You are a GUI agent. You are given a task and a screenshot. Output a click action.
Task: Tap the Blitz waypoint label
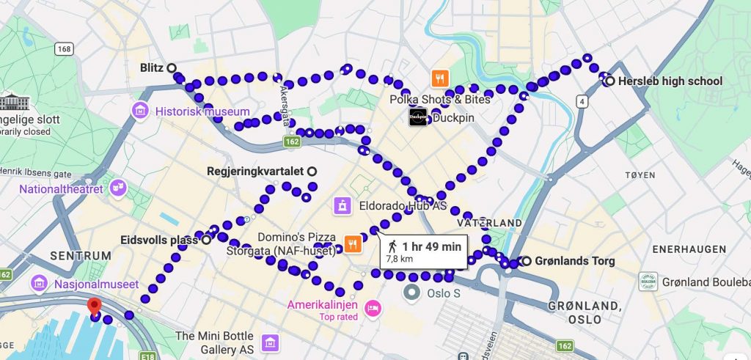coord(151,67)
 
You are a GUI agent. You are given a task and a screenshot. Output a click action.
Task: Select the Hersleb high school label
coord(670,81)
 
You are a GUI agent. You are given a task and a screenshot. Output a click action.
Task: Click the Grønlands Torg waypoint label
coord(574,261)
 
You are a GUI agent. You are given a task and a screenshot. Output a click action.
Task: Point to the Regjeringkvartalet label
coord(255,171)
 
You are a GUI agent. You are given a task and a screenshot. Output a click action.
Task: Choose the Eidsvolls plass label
coord(159,240)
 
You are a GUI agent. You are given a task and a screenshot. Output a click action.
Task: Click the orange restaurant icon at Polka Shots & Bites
coord(440,78)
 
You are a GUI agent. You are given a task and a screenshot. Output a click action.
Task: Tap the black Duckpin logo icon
coord(418,117)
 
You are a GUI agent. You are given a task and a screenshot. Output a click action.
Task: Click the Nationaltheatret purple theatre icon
coord(116,189)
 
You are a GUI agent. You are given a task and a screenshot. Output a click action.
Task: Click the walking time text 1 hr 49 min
coord(431,246)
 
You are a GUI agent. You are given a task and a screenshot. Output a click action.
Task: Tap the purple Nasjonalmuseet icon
coord(39,284)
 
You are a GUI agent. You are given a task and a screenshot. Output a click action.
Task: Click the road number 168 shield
coord(64,49)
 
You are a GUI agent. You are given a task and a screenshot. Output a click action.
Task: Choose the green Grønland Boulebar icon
coord(648,282)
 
